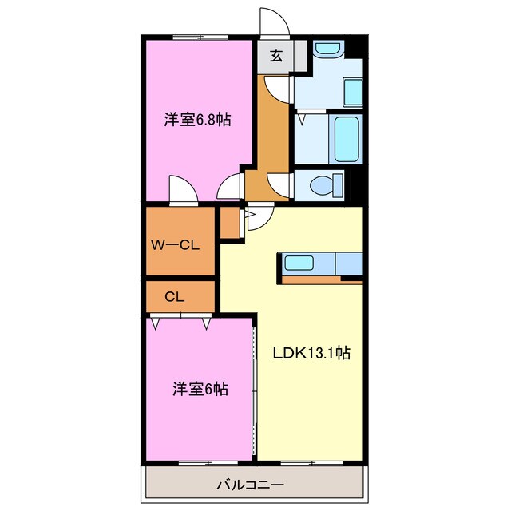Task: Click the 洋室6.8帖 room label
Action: click(x=198, y=120)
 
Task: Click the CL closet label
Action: click(x=175, y=296)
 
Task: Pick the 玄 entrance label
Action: click(x=275, y=56)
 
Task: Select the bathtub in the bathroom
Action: click(x=346, y=140)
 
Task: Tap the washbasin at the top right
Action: click(x=327, y=50)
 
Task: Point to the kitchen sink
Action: click(x=300, y=263)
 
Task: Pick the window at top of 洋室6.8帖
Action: click(x=198, y=37)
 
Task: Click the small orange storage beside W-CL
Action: click(x=230, y=224)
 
